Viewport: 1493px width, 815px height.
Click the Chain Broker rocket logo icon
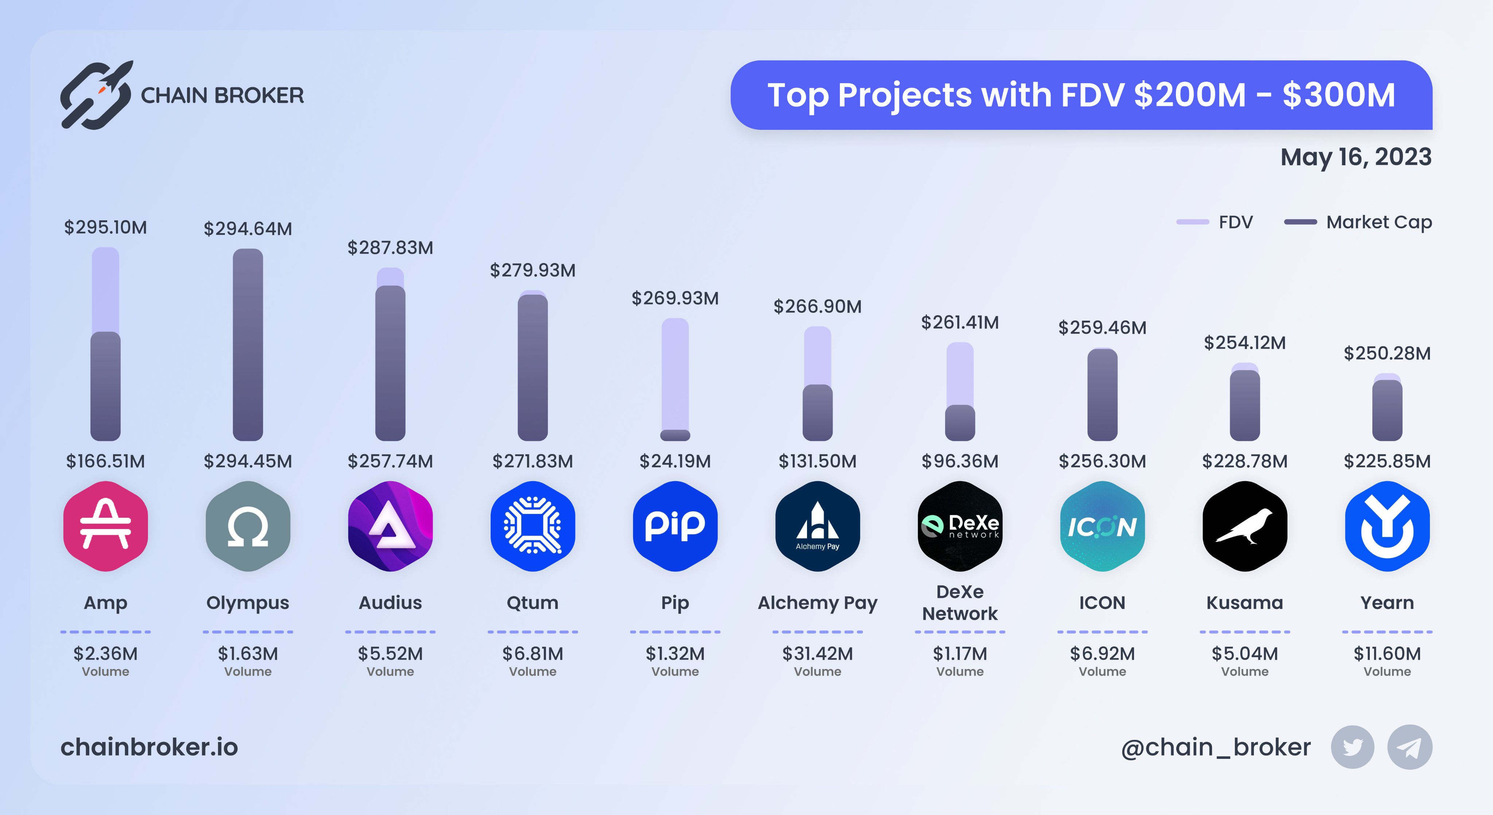(97, 94)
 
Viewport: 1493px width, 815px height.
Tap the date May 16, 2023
(1356, 157)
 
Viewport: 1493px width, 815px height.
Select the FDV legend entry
(1215, 222)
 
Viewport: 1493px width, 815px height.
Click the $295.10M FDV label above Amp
(105, 227)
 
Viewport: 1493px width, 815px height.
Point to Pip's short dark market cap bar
(675, 435)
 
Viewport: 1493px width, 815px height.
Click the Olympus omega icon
(248, 526)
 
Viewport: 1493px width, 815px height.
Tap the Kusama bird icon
(1245, 526)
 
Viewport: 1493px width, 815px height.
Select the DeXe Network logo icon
(960, 526)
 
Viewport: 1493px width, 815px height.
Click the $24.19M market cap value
(675, 461)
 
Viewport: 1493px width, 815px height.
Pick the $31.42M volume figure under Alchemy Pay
(817, 654)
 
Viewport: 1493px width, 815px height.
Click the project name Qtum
(533, 603)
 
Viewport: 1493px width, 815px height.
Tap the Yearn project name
(1387, 603)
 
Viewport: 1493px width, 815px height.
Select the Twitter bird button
(1352, 747)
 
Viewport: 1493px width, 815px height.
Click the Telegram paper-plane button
(1410, 747)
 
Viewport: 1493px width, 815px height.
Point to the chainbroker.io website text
(149, 747)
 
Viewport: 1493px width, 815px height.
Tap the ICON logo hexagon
(1102, 526)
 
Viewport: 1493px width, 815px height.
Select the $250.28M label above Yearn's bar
(1387, 353)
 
